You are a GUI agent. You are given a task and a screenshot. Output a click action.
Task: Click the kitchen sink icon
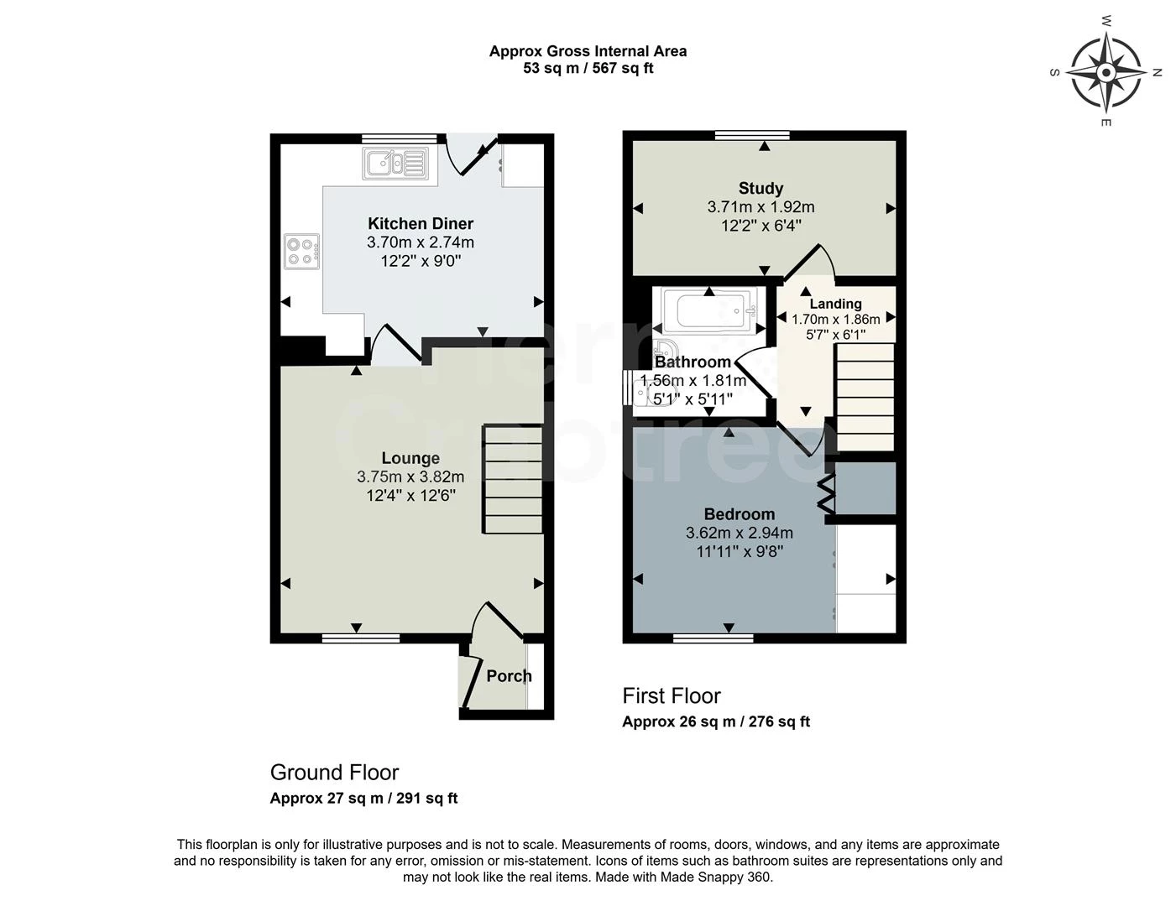(x=395, y=163)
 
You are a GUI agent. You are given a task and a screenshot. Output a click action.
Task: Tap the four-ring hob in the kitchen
(x=302, y=252)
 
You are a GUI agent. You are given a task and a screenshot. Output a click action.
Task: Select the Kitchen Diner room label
(x=421, y=223)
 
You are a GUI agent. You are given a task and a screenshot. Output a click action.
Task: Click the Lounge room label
(x=410, y=458)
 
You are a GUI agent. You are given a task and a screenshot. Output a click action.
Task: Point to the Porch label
(x=509, y=676)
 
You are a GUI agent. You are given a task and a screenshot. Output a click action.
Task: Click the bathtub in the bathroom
(x=709, y=311)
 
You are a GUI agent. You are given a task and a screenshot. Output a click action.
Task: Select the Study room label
(x=760, y=188)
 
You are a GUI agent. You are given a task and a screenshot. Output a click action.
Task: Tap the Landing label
(x=835, y=304)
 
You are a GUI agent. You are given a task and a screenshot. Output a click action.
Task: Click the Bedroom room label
(x=740, y=514)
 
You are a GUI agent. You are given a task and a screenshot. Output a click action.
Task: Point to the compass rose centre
(x=1106, y=72)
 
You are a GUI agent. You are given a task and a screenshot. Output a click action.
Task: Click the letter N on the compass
(x=1157, y=72)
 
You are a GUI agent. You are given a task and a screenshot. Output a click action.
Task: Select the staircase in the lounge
(x=513, y=480)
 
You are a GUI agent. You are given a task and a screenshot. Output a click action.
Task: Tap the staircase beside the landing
(x=865, y=398)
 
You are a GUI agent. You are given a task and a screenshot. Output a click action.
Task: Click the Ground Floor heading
(x=334, y=773)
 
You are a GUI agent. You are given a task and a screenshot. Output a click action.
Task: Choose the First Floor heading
(x=671, y=695)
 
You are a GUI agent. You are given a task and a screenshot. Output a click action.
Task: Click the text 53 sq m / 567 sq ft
(x=588, y=69)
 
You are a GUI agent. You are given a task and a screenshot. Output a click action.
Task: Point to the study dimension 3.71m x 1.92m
(x=760, y=207)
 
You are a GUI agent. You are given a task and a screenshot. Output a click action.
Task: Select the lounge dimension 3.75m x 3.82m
(x=410, y=477)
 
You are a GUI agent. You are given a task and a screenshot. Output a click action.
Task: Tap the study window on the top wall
(x=752, y=135)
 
